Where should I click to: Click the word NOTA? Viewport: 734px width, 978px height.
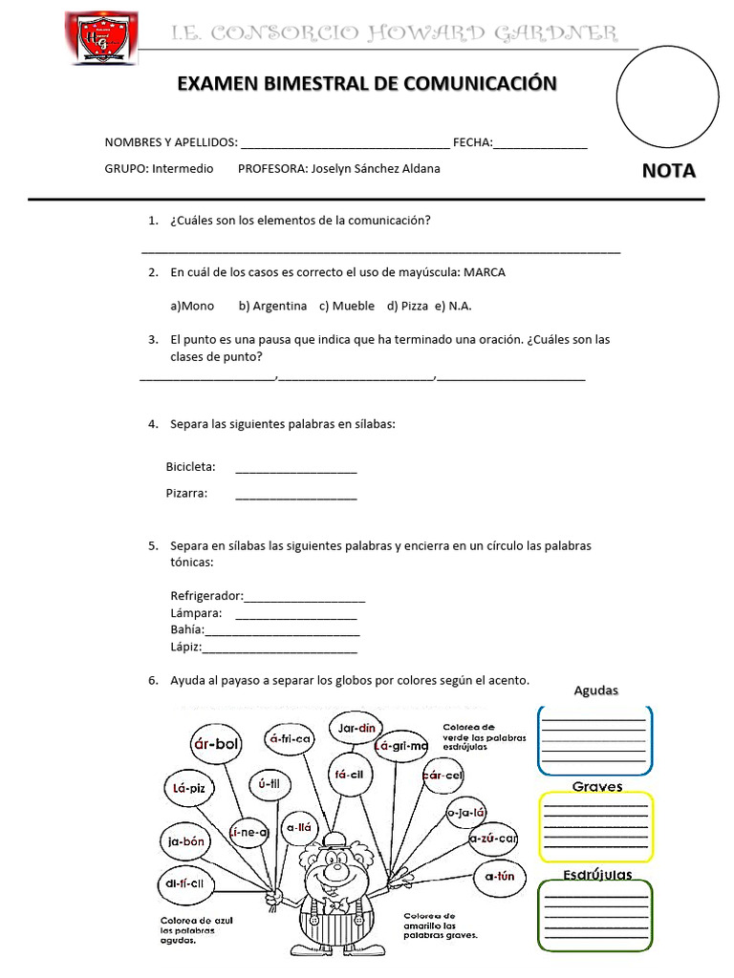coord(668,172)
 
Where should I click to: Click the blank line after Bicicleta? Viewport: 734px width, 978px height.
coord(295,468)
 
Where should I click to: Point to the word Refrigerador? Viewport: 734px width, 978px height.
coord(205,596)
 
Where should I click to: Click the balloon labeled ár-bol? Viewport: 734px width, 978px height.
coord(216,744)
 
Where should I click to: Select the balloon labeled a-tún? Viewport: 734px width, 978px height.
coord(500,876)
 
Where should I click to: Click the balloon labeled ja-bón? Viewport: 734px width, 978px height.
coord(186,841)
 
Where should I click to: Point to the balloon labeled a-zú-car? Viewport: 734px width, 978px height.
coord(494,838)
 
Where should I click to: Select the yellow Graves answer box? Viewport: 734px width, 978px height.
coord(595,826)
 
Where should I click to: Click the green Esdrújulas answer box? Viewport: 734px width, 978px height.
coord(595,914)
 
